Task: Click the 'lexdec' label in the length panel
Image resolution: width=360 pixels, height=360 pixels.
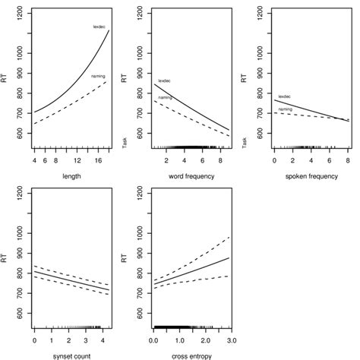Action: pos(99,27)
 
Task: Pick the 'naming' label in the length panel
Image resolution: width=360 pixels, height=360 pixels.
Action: pos(98,76)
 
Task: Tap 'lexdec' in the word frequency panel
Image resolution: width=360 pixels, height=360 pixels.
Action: pos(165,81)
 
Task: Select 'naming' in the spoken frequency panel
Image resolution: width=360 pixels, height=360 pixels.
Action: pos(285,109)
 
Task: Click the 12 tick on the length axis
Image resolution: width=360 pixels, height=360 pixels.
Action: pos(77,160)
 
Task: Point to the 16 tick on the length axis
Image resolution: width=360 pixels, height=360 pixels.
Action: pos(99,160)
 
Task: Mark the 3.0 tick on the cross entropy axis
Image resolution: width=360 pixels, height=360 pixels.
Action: pos(229,339)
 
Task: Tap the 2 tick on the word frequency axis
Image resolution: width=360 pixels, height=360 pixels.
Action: pos(165,160)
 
